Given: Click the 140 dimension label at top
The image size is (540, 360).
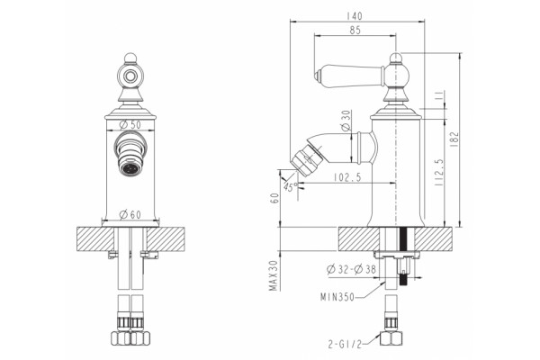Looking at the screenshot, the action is click(x=355, y=16).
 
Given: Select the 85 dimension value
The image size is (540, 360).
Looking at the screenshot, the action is click(x=355, y=31).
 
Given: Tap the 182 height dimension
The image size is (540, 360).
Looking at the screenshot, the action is click(x=454, y=139).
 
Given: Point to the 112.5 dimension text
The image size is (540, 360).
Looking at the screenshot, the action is click(x=439, y=173).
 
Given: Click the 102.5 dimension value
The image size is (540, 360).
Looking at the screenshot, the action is click(x=347, y=177).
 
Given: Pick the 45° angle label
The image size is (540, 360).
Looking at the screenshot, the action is click(x=291, y=186).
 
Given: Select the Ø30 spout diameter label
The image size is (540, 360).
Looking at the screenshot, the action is click(x=346, y=121).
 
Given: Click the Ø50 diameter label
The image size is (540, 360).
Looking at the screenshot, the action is click(x=130, y=125).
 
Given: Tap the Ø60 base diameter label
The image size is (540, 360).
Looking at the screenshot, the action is click(x=130, y=214).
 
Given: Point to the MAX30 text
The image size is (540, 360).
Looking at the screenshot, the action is click(x=274, y=275).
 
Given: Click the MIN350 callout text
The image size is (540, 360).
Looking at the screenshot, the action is click(x=337, y=297).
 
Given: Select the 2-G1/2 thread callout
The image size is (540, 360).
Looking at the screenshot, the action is click(x=345, y=344).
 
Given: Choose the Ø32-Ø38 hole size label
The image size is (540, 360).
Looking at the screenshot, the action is click(x=351, y=269).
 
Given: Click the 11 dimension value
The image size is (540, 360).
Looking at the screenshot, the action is click(x=439, y=97).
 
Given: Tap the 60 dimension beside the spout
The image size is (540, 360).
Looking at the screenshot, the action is click(x=274, y=198).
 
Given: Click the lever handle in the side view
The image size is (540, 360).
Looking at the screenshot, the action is click(x=349, y=75).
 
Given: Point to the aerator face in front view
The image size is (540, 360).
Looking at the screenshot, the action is click(x=130, y=169).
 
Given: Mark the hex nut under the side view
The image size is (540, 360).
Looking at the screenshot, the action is click(x=391, y=338).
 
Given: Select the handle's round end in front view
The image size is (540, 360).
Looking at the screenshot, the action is click(x=130, y=76).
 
